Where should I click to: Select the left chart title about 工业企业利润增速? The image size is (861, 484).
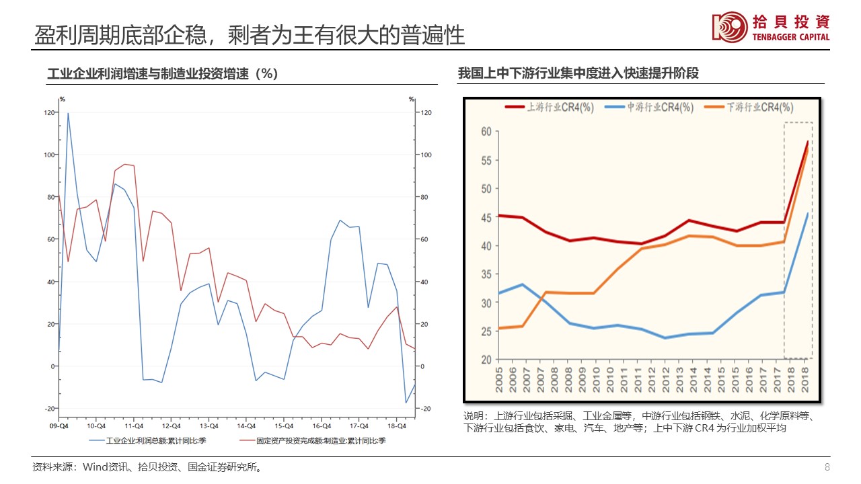162,74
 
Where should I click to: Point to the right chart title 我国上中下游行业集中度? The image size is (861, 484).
578,73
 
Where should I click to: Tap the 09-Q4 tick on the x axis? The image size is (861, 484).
59,426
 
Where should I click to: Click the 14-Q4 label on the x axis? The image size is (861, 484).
246,426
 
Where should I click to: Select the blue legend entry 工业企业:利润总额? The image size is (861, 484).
149,441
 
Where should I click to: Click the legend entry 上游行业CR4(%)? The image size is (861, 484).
550,107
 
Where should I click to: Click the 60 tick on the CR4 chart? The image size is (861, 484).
486,131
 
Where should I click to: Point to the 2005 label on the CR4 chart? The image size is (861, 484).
498,379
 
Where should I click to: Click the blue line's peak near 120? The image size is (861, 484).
68,113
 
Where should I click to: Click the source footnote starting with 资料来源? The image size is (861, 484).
147,467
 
